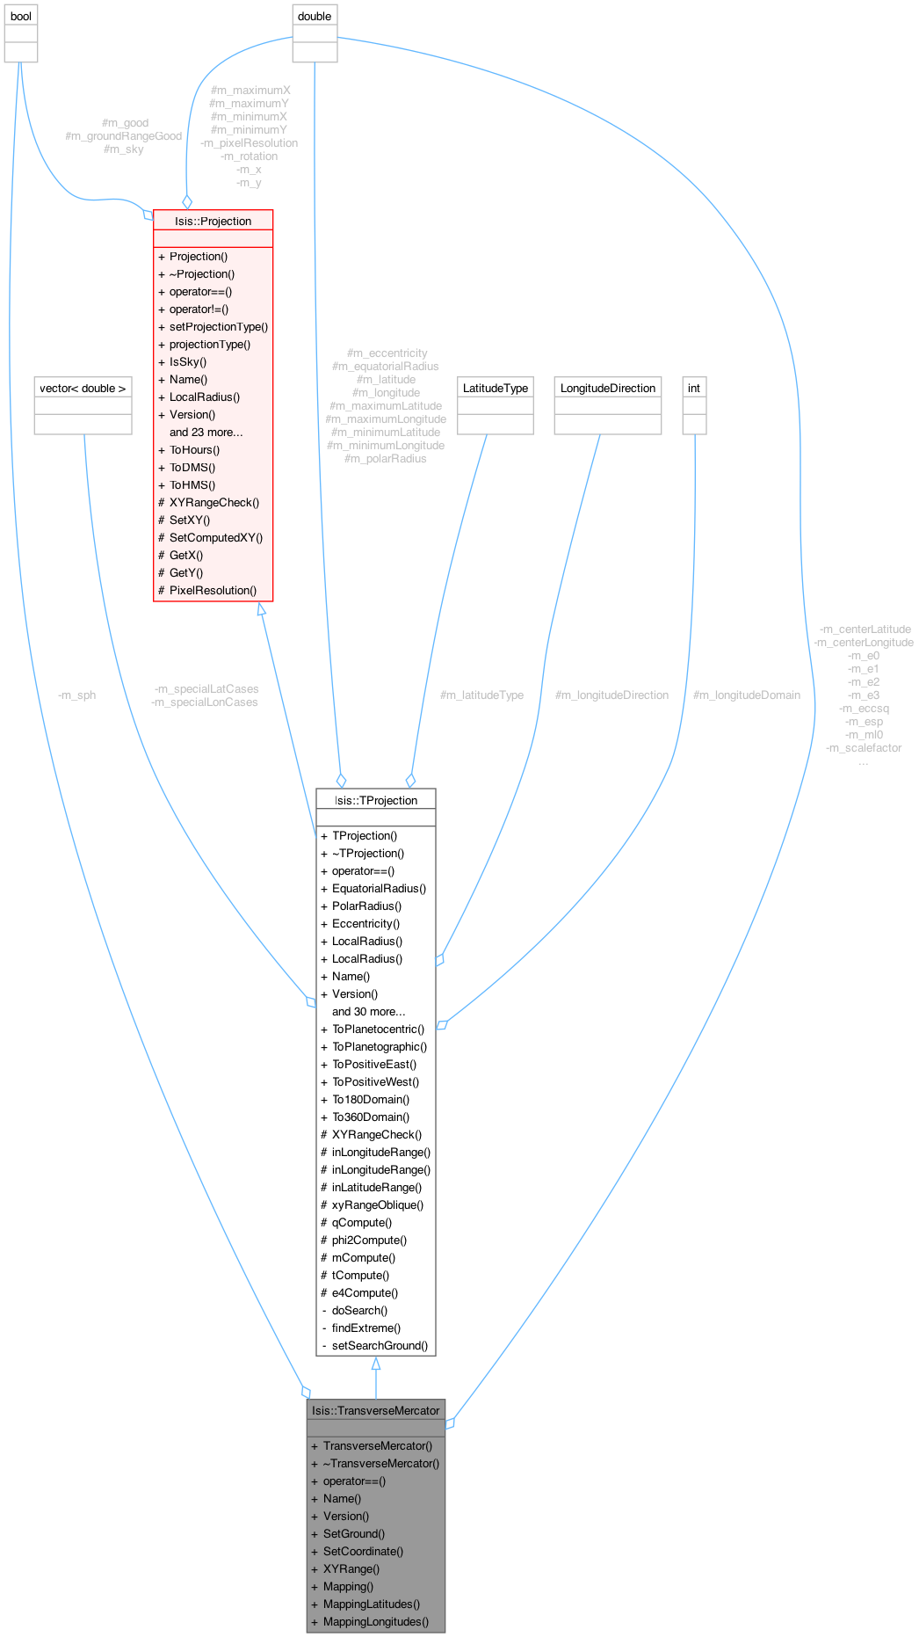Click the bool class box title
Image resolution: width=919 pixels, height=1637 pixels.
(21, 17)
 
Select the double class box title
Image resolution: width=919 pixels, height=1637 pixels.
(315, 17)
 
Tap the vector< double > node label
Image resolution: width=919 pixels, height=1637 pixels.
(83, 388)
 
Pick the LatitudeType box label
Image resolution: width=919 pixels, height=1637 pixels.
(496, 388)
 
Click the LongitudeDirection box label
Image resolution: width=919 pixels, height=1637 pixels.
(608, 388)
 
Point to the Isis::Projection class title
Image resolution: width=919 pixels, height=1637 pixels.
(213, 221)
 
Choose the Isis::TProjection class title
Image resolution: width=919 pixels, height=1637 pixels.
(376, 800)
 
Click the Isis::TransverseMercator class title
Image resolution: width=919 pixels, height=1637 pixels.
(376, 1410)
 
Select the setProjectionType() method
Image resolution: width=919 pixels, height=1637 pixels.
(219, 326)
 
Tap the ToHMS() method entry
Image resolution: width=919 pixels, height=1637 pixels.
(192, 484)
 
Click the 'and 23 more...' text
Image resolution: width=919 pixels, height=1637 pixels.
(206, 432)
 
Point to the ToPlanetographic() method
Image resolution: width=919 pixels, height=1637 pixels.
(380, 1046)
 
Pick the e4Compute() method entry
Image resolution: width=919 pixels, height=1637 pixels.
(365, 1292)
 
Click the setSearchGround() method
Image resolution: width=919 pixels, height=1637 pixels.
(380, 1345)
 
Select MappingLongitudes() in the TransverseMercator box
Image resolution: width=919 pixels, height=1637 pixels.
(376, 1621)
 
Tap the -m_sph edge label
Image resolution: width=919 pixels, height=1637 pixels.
(76, 695)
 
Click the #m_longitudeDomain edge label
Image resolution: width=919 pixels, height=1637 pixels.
(747, 695)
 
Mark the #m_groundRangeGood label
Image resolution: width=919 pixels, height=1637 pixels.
(124, 136)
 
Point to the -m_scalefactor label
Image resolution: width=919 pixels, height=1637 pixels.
(864, 748)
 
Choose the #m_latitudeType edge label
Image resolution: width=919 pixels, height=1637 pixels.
(481, 695)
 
